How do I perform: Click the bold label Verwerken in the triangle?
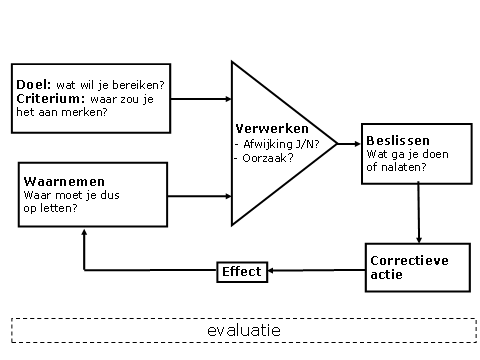point(272,130)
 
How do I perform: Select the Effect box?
point(241,271)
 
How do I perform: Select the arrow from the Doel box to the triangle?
point(200,99)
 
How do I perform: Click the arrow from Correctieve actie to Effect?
point(315,271)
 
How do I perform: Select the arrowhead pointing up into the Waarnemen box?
point(84,231)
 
